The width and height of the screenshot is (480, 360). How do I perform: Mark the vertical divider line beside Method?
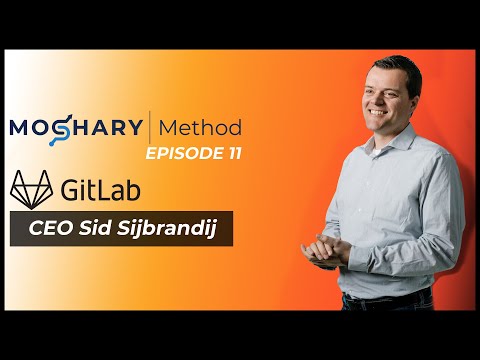150,129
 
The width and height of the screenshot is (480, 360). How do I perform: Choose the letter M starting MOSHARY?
21,129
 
